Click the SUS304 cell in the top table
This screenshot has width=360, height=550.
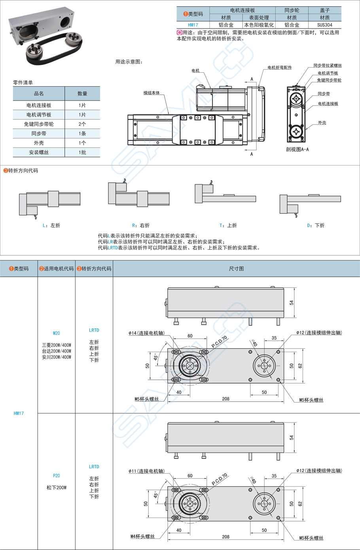[x=324, y=25]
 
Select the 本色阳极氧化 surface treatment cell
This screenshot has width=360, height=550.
[x=259, y=25]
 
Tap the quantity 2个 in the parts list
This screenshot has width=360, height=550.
[x=82, y=124]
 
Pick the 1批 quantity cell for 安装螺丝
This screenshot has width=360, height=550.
[x=82, y=152]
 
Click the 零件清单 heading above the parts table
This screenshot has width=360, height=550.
[x=23, y=83]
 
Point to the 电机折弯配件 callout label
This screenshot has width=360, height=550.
[x=279, y=68]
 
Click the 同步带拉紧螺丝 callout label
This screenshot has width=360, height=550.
[x=327, y=66]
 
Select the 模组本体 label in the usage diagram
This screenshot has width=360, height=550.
[x=152, y=93]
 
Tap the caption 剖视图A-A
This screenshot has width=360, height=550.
[x=297, y=150]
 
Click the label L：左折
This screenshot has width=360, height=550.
[x=51, y=226]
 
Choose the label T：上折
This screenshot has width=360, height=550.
[x=228, y=226]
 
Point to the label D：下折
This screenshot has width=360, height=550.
[x=316, y=226]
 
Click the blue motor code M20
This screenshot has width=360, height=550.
[x=57, y=333]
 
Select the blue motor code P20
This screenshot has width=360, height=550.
[x=57, y=476]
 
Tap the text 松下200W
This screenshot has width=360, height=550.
[x=57, y=487]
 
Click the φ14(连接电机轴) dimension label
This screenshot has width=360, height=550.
[x=146, y=333]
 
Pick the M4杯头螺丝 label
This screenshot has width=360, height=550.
[x=142, y=537]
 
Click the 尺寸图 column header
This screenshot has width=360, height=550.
[x=236, y=269]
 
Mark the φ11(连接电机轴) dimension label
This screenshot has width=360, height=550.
[x=146, y=471]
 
